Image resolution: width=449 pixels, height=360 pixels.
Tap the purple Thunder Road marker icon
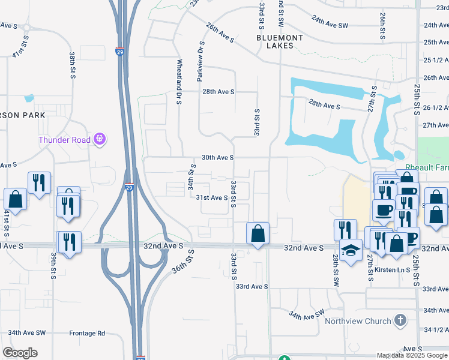click(100, 140)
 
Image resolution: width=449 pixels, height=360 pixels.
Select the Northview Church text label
click(358, 321)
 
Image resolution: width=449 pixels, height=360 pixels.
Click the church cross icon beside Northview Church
click(400, 321)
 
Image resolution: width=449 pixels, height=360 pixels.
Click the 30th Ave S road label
click(217, 157)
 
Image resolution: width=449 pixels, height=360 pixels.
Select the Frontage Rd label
click(87, 333)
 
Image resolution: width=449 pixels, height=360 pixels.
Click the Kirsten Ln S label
click(392, 270)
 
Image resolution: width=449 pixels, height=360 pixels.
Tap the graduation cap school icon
click(351, 249)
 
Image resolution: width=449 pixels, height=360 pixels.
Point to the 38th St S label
click(71, 67)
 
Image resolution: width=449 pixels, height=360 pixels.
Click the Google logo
click(20, 352)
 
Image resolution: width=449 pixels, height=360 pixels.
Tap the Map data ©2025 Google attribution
click(412, 355)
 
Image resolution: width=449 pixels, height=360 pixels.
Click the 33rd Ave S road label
click(252, 287)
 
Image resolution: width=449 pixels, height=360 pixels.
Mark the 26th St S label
click(382, 26)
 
